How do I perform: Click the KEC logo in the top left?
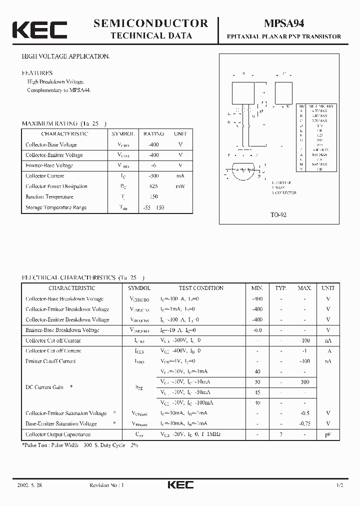click(39, 30)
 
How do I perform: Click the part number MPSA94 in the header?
click(284, 23)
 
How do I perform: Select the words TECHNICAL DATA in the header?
click(150, 36)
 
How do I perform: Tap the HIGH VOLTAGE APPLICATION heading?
click(65, 56)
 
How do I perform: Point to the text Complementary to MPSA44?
click(59, 90)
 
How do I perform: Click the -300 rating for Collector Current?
click(153, 176)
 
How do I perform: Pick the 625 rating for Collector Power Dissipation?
click(153, 186)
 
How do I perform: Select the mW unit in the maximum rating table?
click(180, 186)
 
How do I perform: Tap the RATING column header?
click(153, 134)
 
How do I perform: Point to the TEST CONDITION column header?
click(201, 288)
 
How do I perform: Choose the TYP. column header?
click(280, 288)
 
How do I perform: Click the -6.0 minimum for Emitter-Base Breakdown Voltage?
click(257, 330)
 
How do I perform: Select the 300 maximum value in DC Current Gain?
click(304, 382)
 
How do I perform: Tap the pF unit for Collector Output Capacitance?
click(328, 435)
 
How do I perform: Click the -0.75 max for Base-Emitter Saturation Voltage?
click(304, 423)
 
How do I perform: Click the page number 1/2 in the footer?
click(340, 485)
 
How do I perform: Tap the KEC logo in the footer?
click(179, 485)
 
